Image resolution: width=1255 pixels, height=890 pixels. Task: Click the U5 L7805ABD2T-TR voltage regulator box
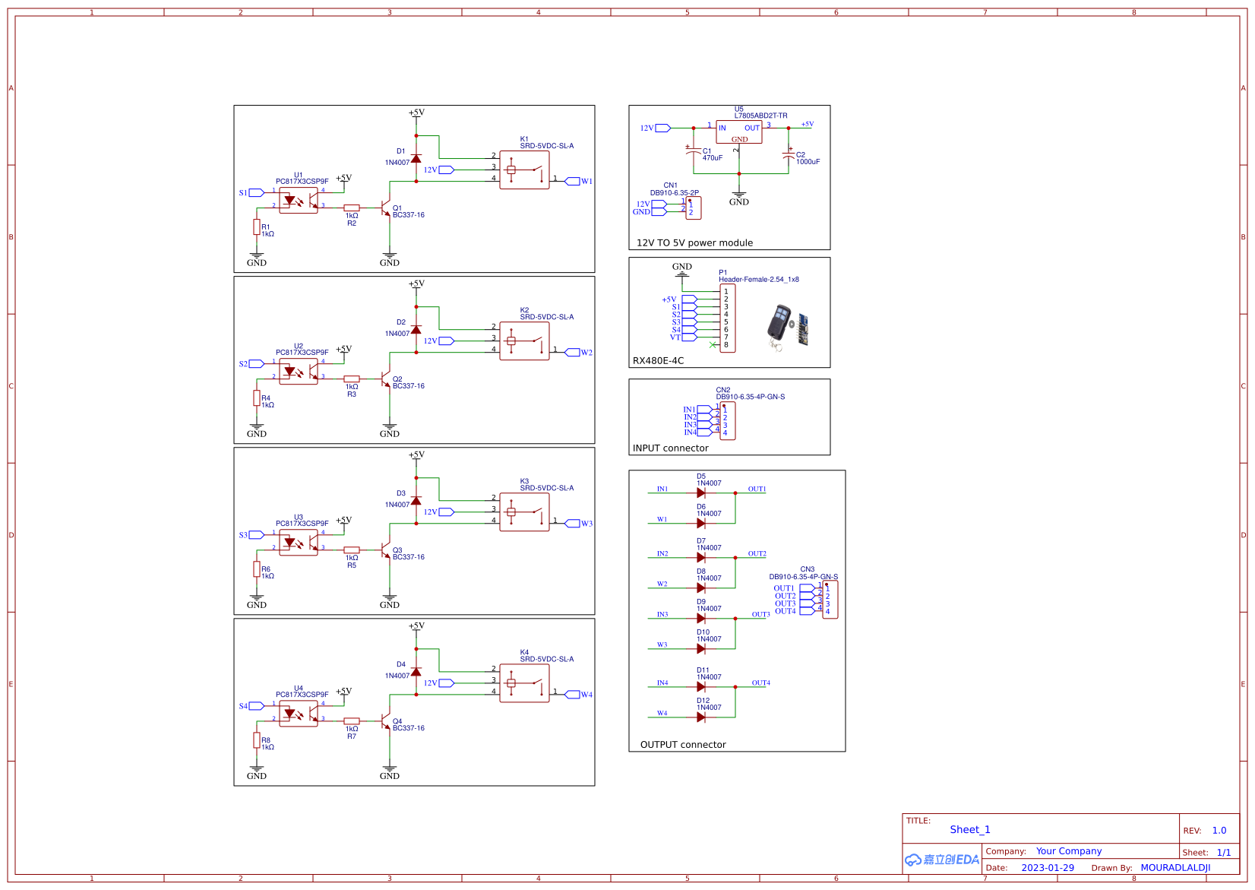(738, 132)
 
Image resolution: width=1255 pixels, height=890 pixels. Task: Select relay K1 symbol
(524, 170)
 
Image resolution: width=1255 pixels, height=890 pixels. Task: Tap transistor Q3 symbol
(385, 550)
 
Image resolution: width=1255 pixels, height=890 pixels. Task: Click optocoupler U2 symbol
(299, 372)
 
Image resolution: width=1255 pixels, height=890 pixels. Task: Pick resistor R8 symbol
(257, 740)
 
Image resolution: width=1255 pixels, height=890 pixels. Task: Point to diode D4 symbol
(416, 672)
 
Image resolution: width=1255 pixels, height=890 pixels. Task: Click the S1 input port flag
(256, 193)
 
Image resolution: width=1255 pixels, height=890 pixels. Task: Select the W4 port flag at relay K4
(573, 695)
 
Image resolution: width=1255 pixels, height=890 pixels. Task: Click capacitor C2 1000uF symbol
(789, 157)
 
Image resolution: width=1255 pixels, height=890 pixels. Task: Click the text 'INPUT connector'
(670, 448)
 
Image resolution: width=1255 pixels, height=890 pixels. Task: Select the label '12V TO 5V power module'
(694, 243)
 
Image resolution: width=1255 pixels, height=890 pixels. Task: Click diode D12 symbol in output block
(701, 717)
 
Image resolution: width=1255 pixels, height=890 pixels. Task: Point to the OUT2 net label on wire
(757, 554)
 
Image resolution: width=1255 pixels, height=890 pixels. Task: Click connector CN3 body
(830, 600)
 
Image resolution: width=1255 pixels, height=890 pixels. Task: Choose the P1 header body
(727, 318)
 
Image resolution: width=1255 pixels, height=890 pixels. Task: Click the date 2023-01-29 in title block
(1047, 868)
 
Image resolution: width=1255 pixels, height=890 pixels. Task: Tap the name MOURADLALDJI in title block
(1174, 868)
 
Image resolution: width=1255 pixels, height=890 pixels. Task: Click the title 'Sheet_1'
(969, 830)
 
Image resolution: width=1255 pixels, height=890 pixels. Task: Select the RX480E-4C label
(658, 361)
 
